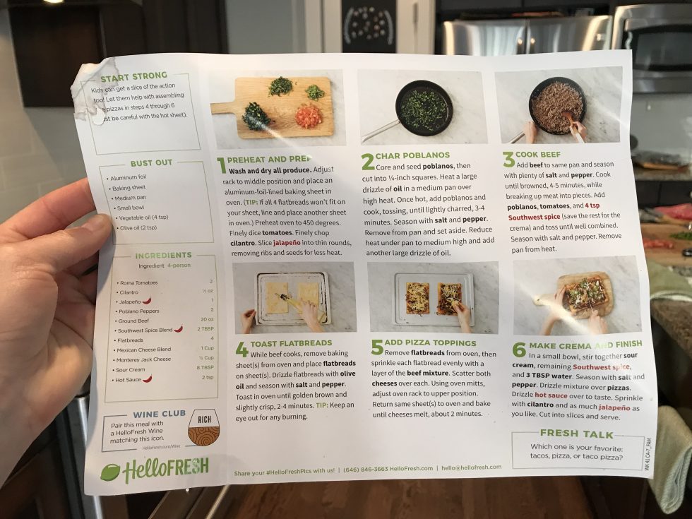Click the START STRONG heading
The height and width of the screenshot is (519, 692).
[x=134, y=76]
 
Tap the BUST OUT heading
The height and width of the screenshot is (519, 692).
[x=151, y=163]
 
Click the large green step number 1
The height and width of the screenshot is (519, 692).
[x=222, y=165]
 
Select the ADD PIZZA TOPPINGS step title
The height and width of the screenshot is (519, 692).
[x=431, y=342]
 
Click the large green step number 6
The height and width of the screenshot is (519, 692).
[x=519, y=350]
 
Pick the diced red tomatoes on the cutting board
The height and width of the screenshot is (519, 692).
[x=309, y=115]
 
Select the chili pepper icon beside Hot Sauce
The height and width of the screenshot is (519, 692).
[x=148, y=378]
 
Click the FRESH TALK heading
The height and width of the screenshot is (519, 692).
[x=576, y=434]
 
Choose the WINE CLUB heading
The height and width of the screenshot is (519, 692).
[x=159, y=414]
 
